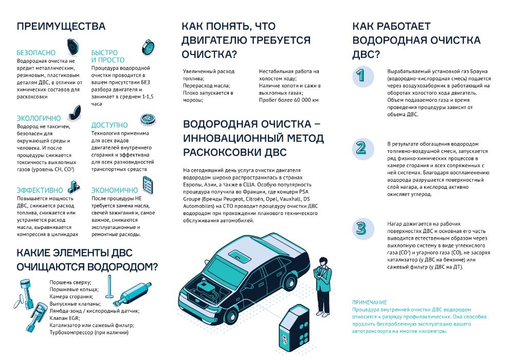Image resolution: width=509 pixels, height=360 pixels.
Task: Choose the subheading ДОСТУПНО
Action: pos(110,125)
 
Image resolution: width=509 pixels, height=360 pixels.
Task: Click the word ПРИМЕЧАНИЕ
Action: pos(369,302)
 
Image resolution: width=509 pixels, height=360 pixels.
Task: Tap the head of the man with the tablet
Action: pos(322,260)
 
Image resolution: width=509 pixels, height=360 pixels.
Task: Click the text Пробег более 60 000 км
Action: pos(289,100)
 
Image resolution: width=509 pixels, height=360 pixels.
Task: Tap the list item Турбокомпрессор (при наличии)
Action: pos(88,333)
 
